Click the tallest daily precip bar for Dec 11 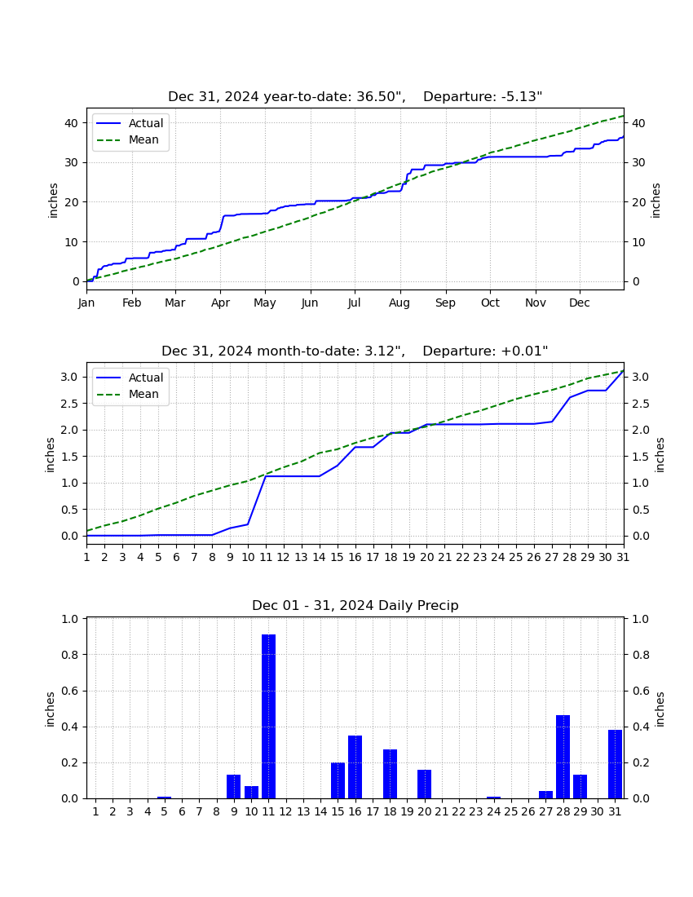coord(269,716)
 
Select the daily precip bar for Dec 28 coord(563,757)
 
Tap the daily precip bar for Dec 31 coord(616,764)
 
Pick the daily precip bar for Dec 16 coord(355,767)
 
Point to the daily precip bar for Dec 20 coord(424,784)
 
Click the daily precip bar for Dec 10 coord(252,793)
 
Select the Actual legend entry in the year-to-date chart coord(129,123)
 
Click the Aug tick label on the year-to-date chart coord(399,303)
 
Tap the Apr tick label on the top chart coord(220,303)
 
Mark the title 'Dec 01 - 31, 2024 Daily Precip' coord(355,605)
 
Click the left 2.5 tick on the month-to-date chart coord(71,404)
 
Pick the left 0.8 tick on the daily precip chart coord(71,655)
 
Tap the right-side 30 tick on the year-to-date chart coord(638,162)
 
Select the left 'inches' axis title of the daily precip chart coord(50,709)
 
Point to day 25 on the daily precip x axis coord(511,811)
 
